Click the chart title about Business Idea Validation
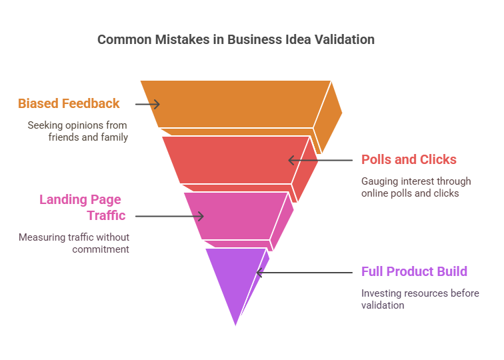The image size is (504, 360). tap(236, 39)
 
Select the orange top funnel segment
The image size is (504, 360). tap(236, 105)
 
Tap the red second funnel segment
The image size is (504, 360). tap(236, 160)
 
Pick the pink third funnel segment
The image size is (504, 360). tap(236, 216)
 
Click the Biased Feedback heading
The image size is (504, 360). tap(69, 103)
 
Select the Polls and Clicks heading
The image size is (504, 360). tap(409, 159)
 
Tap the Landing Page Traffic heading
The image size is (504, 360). tap(82, 207)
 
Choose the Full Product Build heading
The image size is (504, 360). tap(414, 271)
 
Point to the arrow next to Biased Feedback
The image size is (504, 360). tap(147, 104)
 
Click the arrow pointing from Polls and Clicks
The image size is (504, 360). tap(321, 160)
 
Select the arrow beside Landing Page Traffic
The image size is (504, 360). tap(169, 216)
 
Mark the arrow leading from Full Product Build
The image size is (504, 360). tap(305, 273)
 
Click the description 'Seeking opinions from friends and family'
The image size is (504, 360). tap(78, 131)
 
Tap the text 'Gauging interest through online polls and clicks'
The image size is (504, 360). tap(416, 187)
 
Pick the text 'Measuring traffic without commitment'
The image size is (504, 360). tap(74, 243)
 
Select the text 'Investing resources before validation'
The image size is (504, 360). tap(420, 299)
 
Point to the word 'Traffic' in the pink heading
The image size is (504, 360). tap(106, 215)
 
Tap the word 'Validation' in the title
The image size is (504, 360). tap(345, 39)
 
